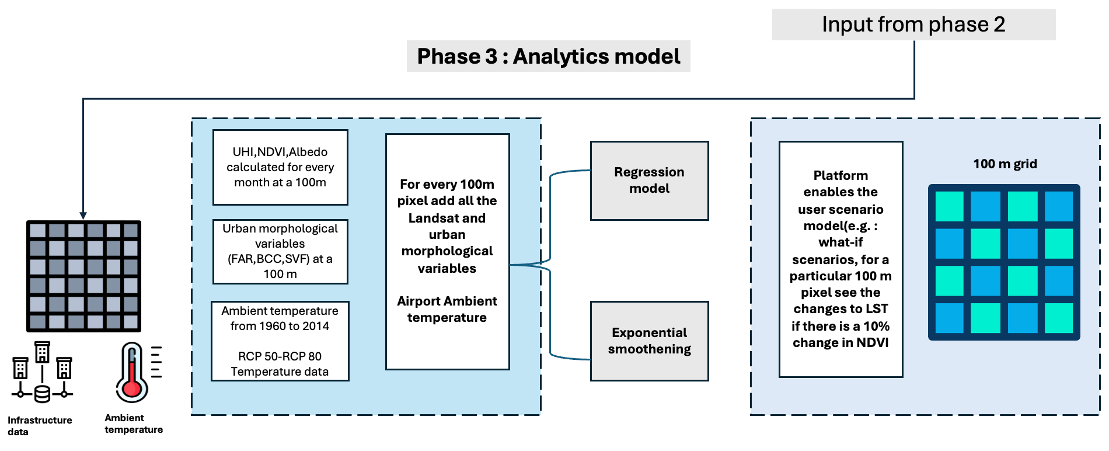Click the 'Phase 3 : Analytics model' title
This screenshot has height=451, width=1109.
tap(548, 56)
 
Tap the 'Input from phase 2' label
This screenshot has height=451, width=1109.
tap(913, 25)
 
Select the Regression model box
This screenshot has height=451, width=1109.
tap(650, 181)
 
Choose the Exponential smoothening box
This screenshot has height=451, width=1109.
tap(650, 341)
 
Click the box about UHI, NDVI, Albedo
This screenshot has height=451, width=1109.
tap(280, 167)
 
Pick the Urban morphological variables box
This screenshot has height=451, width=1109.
tap(280, 251)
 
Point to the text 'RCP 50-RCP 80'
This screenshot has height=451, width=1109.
tap(280, 356)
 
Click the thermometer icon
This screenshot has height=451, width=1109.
tap(138, 373)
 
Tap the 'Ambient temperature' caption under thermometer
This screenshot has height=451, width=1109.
tap(134, 424)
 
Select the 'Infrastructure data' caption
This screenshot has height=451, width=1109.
tap(40, 426)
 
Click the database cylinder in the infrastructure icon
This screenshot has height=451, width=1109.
tap(42, 394)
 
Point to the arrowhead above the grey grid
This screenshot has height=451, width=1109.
tap(83, 216)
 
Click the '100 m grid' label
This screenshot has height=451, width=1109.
tap(1005, 164)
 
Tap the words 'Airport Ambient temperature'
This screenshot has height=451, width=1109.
tap(447, 309)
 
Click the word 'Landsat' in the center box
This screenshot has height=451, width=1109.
tap(431, 218)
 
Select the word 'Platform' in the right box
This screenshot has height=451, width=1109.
tap(841, 175)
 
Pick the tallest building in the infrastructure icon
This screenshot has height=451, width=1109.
tap(42, 352)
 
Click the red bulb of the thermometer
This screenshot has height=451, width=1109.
tap(132, 388)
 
